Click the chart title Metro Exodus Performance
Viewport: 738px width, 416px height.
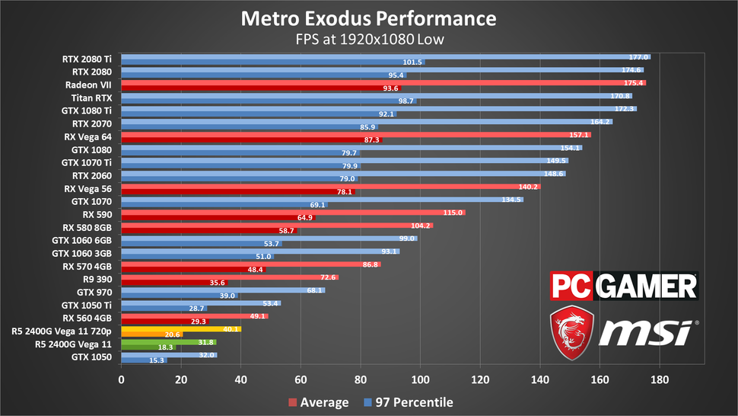click(x=368, y=18)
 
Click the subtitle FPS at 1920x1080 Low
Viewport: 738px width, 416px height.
click(x=368, y=38)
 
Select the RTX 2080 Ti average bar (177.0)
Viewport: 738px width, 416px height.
click(x=380, y=56)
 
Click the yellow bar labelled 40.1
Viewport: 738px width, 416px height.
click(x=181, y=329)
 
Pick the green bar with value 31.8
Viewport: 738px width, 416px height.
click(x=167, y=342)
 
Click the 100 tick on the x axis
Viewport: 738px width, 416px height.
click(x=421, y=378)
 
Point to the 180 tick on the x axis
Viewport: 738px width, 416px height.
click(x=660, y=378)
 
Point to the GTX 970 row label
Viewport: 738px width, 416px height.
click(x=96, y=292)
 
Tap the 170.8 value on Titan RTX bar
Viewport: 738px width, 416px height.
click(x=621, y=96)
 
